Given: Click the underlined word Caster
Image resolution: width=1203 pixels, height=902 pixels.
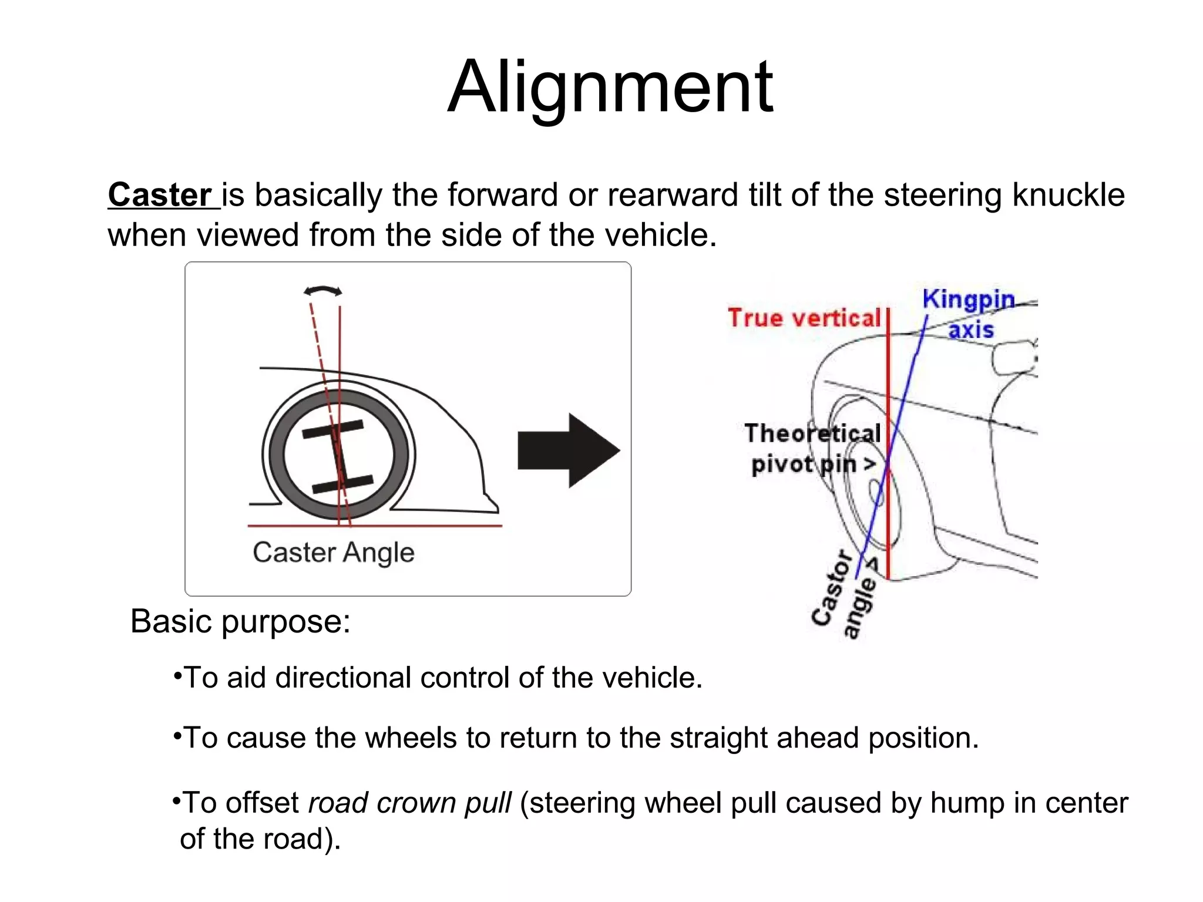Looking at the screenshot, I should (159, 195).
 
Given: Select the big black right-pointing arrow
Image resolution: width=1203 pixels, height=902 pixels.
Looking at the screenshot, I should (568, 450).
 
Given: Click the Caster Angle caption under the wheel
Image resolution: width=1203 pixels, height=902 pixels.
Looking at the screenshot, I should (333, 553).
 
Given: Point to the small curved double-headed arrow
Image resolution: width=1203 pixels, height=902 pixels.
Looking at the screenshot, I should (322, 291).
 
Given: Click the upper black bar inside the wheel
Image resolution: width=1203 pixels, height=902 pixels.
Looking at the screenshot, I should (332, 430).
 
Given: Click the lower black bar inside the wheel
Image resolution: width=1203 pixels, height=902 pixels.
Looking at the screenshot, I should (342, 484).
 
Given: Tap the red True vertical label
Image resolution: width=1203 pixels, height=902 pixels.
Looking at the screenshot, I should (804, 318).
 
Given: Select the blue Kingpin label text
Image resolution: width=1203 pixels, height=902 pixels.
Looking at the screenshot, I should (968, 299).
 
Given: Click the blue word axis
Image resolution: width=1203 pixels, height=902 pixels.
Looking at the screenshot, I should (971, 329).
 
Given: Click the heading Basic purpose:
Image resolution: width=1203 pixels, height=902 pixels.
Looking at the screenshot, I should (240, 621).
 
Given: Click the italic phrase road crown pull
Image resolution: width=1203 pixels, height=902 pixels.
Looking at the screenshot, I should (409, 803).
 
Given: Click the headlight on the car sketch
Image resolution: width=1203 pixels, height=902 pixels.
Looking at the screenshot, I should (1013, 358).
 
